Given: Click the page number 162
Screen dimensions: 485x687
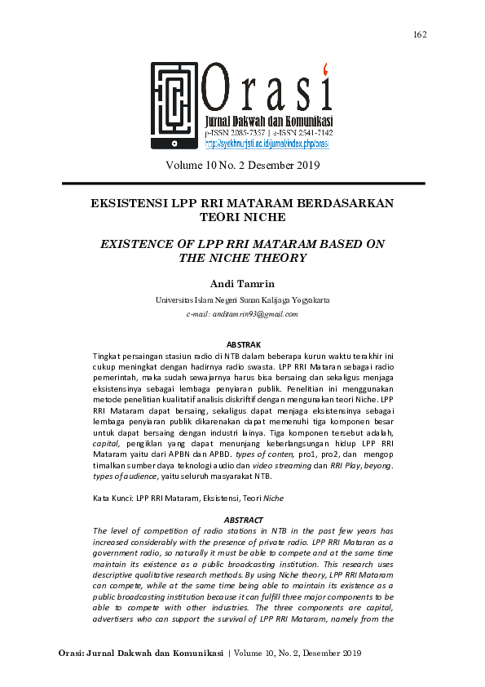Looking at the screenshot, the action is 421,34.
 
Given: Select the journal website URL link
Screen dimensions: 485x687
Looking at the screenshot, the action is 267,144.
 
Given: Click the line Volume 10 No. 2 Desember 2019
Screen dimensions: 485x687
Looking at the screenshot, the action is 242,165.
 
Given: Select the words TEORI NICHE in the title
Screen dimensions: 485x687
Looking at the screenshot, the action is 242,218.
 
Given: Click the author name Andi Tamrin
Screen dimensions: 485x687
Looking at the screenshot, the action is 242,283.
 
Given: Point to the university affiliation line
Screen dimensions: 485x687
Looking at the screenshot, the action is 242,300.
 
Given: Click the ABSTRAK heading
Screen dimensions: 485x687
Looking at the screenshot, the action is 242,345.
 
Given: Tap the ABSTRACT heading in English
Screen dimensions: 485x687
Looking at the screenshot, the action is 242,520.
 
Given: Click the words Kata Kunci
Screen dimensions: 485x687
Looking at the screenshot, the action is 112,497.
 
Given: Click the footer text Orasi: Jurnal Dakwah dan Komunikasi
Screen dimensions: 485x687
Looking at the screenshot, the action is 141,654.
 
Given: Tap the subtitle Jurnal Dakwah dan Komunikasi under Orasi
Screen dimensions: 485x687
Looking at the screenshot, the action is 268,122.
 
